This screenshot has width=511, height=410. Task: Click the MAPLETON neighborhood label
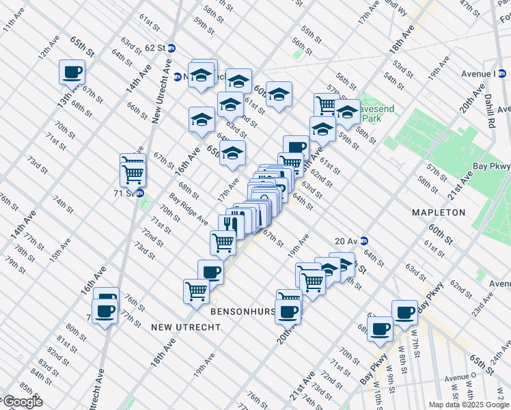[x=439, y=213]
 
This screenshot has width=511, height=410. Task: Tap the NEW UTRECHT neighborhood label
[x=186, y=327]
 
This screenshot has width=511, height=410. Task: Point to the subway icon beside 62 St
[x=171, y=48]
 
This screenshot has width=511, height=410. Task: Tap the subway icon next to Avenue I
[x=502, y=74]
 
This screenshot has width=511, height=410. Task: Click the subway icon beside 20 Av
[x=365, y=241]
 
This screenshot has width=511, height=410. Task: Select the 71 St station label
[x=126, y=193]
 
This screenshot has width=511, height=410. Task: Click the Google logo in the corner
[x=22, y=402]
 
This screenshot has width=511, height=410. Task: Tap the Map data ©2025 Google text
[x=468, y=405]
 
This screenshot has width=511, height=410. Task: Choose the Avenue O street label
[x=460, y=377]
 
